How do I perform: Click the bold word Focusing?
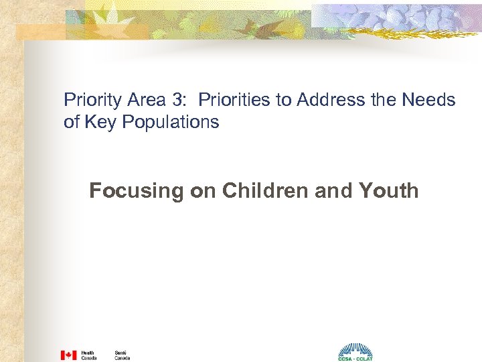point(137,191)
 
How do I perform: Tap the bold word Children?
point(258,190)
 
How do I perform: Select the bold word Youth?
point(388,190)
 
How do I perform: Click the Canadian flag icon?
point(68,355)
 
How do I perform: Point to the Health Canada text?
point(88,355)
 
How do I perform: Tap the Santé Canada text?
point(122,355)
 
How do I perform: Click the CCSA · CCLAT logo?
point(355,352)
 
